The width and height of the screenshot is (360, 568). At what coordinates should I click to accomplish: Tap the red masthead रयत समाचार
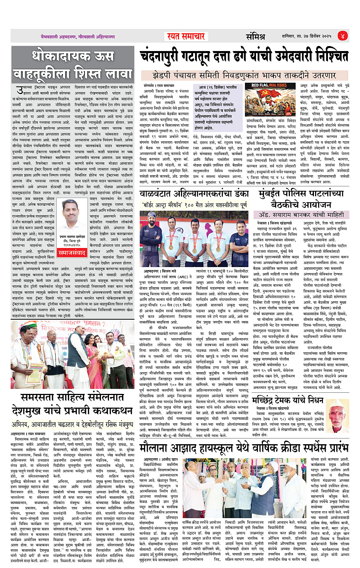click(186, 36)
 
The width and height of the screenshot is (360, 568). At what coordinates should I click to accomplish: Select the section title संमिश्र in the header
click(255, 37)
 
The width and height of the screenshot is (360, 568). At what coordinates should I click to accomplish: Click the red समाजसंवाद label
click(72, 253)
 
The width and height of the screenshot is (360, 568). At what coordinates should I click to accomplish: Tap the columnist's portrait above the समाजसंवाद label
click(72, 221)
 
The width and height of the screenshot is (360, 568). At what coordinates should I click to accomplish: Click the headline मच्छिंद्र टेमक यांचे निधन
click(288, 400)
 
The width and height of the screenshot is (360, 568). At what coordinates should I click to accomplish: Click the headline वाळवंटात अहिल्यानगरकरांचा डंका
click(194, 194)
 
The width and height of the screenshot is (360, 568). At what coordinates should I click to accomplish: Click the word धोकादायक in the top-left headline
click(72, 56)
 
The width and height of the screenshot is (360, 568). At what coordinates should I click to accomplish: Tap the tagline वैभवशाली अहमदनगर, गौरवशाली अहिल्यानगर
click(78, 37)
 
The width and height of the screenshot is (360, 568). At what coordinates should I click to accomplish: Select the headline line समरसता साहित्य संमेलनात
click(72, 397)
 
